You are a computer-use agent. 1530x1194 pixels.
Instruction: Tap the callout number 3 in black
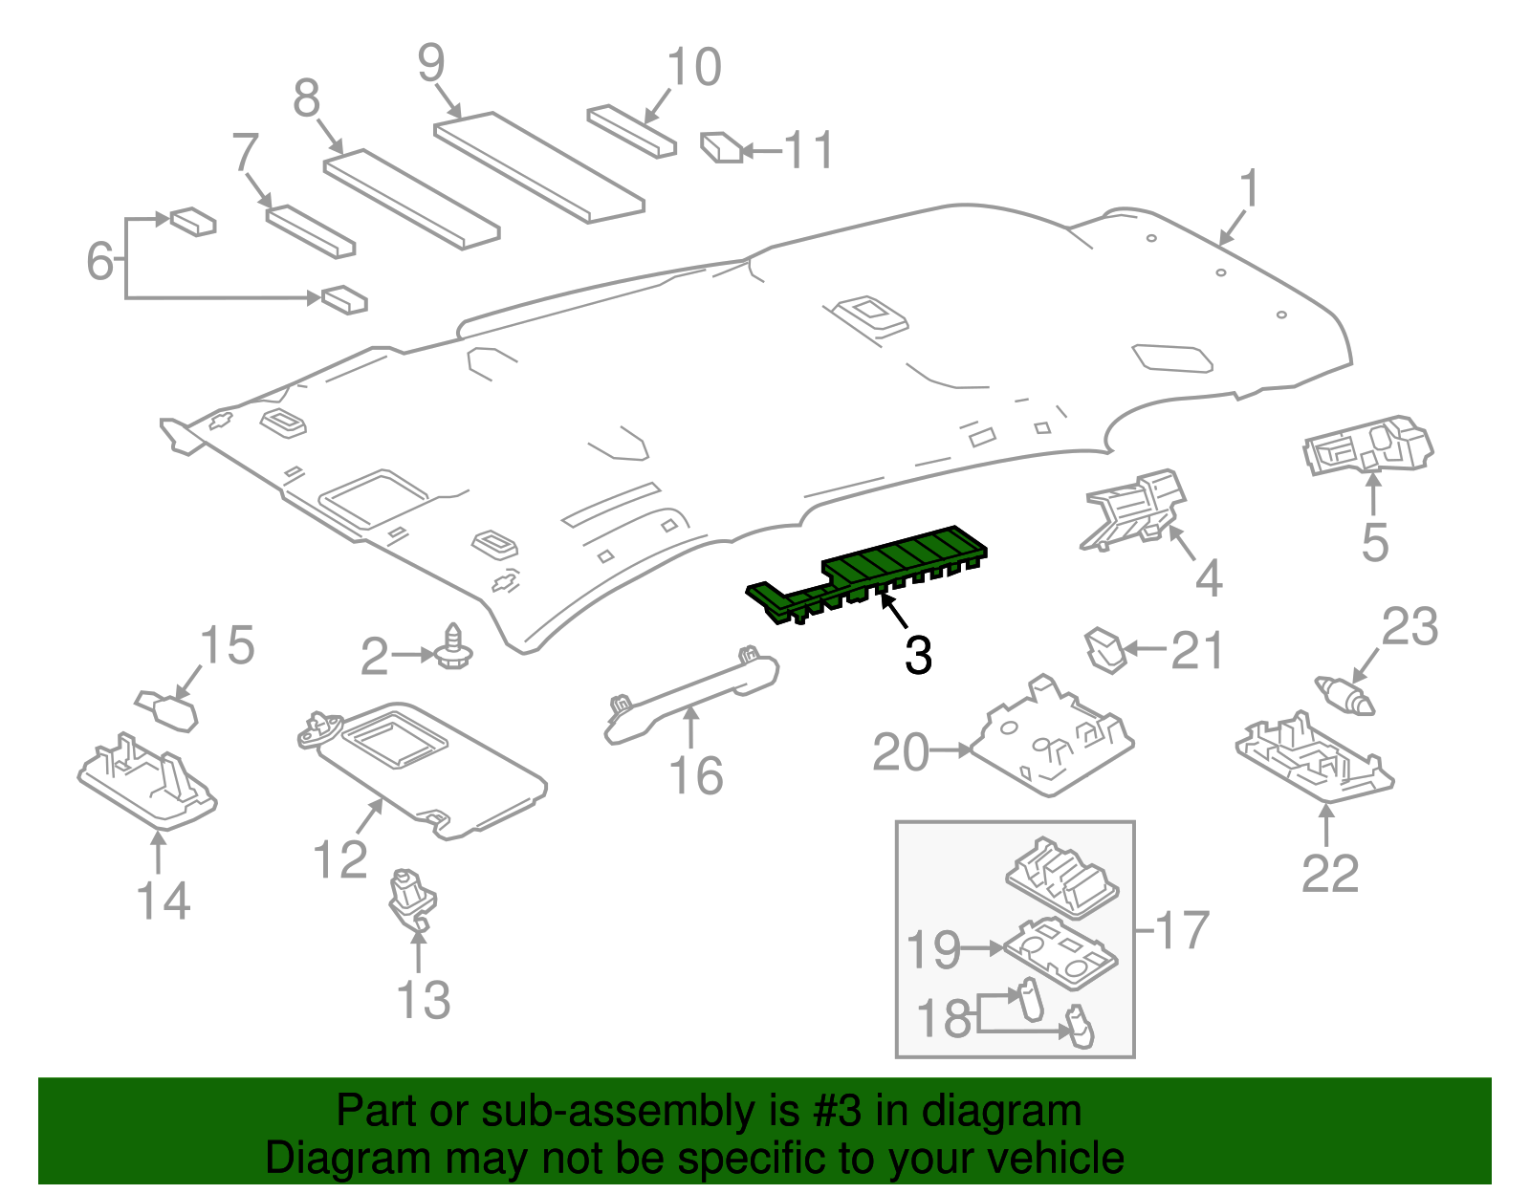pyautogui.click(x=918, y=656)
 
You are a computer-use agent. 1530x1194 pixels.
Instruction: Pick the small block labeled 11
pyautogui.click(x=722, y=148)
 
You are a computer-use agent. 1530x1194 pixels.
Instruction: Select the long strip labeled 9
pyautogui.click(x=538, y=166)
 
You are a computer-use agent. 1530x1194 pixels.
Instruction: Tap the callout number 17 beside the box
pyautogui.click(x=1183, y=930)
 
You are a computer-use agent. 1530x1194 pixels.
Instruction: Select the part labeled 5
pyautogui.click(x=1367, y=445)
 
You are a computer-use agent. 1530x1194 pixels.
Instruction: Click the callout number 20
pyautogui.click(x=900, y=752)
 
